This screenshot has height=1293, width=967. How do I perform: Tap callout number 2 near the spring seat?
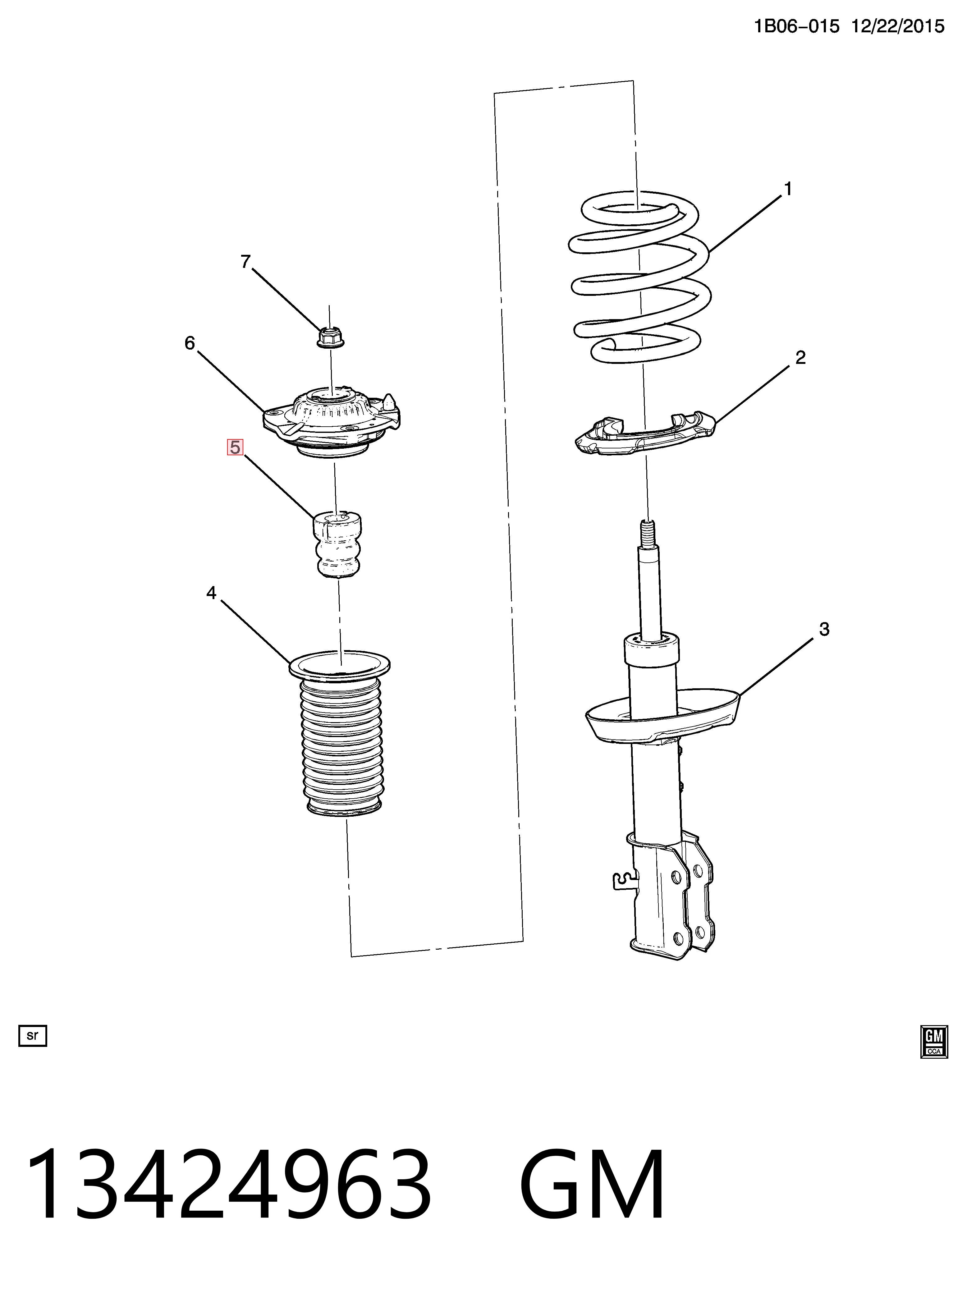800,357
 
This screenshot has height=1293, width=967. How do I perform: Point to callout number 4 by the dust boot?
211,593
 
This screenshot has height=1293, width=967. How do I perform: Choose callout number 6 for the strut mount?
190,343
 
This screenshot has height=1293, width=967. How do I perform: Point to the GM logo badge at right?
934,1041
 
